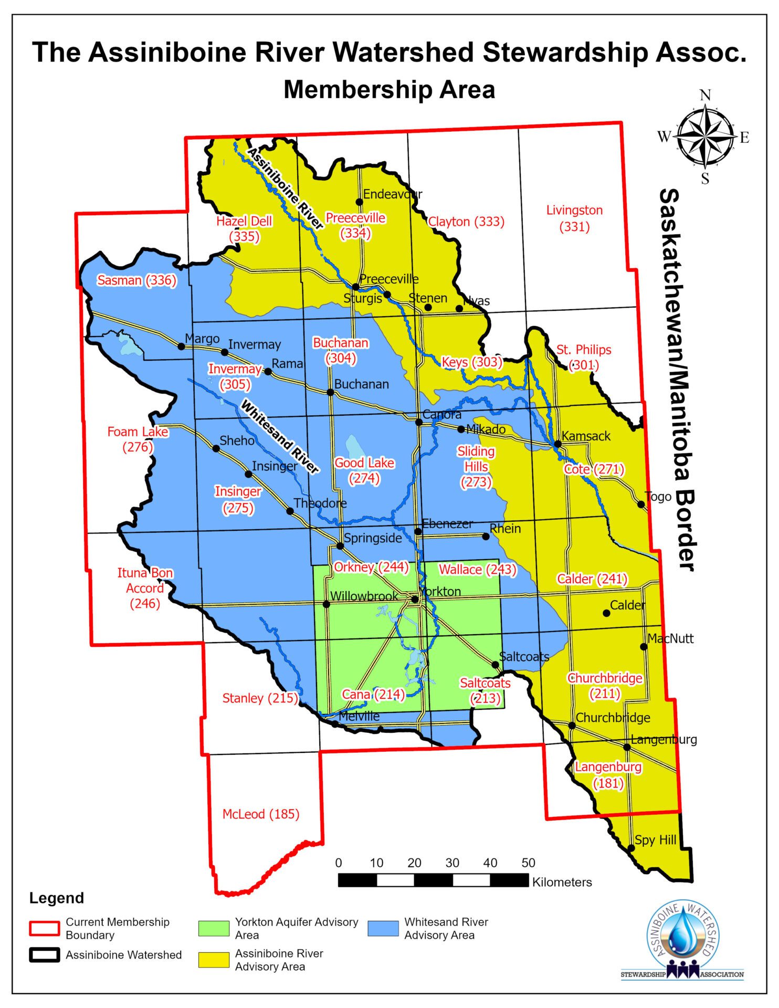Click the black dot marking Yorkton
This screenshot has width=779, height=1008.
pos(415,599)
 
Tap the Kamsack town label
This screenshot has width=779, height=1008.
pos(586,436)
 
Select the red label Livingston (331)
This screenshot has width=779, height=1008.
pos(574,218)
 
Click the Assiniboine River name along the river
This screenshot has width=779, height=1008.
pos(285,188)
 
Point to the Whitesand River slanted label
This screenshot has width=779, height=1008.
pos(280,436)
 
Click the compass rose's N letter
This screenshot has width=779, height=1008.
pos(705,95)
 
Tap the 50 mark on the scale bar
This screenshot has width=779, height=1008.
pos(528,863)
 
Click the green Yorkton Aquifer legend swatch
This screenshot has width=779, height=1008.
pos(214,928)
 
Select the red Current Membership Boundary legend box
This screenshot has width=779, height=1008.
pos(44,928)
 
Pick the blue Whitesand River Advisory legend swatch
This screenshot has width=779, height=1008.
pos(383,928)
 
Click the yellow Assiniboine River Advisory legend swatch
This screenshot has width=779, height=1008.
pos(214,960)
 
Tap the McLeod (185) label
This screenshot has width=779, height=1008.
pos(261,814)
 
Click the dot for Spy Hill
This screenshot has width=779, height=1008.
pos(631,848)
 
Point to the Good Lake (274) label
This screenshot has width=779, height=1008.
pos(364,470)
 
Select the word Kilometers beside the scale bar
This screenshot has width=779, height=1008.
pos(562,882)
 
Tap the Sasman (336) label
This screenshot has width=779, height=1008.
pos(136,280)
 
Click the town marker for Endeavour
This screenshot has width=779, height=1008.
pos(360,202)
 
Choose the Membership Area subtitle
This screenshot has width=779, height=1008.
pos(389,89)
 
